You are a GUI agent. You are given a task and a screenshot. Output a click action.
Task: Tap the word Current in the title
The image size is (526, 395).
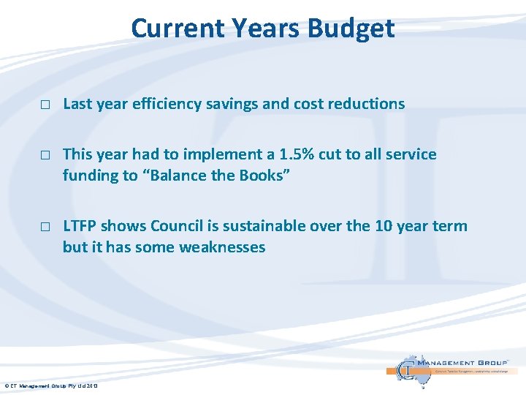point(178,28)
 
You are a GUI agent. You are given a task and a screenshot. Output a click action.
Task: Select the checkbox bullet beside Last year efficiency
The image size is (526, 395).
point(45,105)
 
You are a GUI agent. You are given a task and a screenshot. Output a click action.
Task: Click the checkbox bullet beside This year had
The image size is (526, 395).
point(45,155)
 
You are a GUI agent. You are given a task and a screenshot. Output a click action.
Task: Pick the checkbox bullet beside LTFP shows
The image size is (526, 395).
point(45,227)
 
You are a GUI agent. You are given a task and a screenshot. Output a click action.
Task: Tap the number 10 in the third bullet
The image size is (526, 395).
point(384,226)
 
